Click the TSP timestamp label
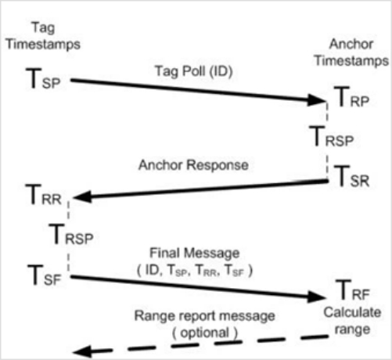43,79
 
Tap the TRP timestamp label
351,97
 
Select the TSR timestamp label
351,176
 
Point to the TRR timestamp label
44,195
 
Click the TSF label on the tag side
45,275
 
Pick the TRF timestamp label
352,290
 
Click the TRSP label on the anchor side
331,136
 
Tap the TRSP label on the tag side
71,234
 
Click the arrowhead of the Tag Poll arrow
317,100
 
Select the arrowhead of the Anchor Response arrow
83,197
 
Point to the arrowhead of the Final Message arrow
317,297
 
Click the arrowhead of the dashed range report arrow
82,351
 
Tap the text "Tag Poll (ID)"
194,71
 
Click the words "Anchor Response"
193,165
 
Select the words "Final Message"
194,254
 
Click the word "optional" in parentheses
205,333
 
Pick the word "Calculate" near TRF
352,312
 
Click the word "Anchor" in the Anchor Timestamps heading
351,44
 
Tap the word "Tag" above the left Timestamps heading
43,27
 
